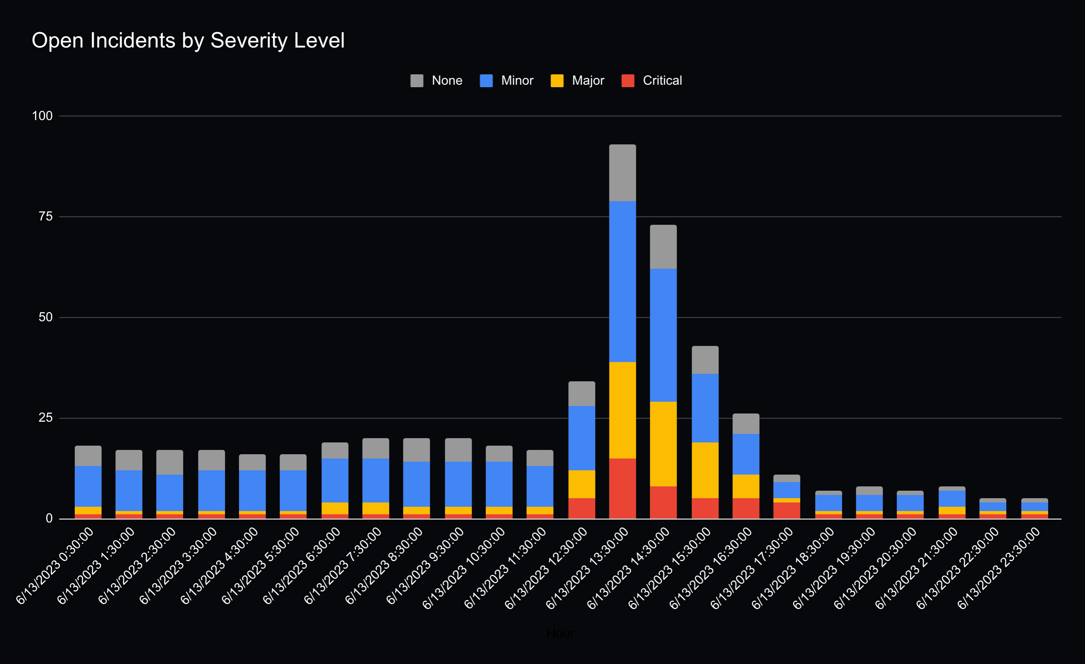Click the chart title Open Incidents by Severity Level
[x=188, y=40]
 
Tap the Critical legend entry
[x=652, y=80]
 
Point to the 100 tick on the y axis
[x=42, y=116]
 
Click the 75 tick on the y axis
[x=45, y=217]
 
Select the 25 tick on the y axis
[x=45, y=417]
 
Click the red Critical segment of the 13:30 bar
[x=622, y=489]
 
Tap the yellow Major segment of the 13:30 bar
[x=622, y=410]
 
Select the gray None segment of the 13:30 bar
[x=622, y=173]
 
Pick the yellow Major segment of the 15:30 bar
[x=705, y=470]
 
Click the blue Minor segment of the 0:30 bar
[x=88, y=486]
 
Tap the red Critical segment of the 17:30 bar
[x=786, y=510]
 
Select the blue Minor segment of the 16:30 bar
[x=746, y=454]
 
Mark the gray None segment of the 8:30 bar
[x=416, y=450]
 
